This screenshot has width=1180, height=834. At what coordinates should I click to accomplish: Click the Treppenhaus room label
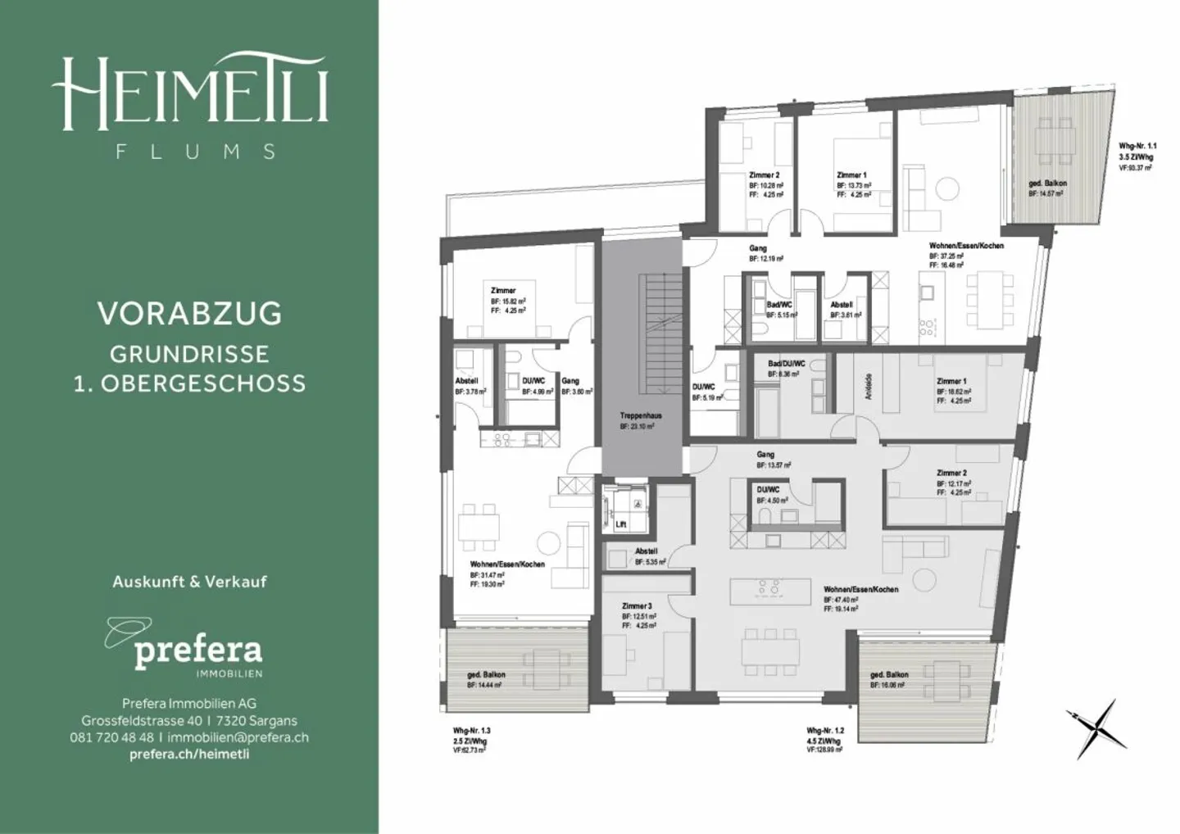point(641,416)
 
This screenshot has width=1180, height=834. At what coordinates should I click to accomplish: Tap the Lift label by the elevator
point(620,524)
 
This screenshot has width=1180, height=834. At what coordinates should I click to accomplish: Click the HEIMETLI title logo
point(189,91)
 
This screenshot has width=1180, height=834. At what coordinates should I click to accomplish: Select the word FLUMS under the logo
point(195,152)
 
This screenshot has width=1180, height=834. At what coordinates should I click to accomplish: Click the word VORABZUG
point(189,313)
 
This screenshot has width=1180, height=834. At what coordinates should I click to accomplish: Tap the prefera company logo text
point(197,650)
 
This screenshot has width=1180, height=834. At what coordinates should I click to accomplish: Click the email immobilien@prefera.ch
point(238,737)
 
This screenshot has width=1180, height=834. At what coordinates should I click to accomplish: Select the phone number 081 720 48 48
point(111,737)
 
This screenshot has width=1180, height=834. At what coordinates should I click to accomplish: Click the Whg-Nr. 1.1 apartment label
point(1137,147)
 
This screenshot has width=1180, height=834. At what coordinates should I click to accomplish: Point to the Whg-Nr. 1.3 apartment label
point(471,731)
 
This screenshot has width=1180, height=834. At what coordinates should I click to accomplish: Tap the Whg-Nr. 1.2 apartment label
point(825,731)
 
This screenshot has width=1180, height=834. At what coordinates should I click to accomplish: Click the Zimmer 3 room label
point(637,606)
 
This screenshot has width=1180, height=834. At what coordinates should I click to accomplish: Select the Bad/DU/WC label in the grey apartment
point(786,364)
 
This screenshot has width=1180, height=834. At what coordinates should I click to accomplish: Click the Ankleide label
point(869,387)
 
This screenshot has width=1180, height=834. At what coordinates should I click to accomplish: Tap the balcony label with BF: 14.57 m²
point(1047,184)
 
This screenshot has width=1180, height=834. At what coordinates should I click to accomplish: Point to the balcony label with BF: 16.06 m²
point(889,675)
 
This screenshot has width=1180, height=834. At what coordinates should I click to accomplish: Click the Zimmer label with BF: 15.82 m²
point(503,291)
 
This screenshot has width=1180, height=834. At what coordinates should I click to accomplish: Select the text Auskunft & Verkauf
point(189,582)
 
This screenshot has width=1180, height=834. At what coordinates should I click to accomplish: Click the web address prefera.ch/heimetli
point(189,754)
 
